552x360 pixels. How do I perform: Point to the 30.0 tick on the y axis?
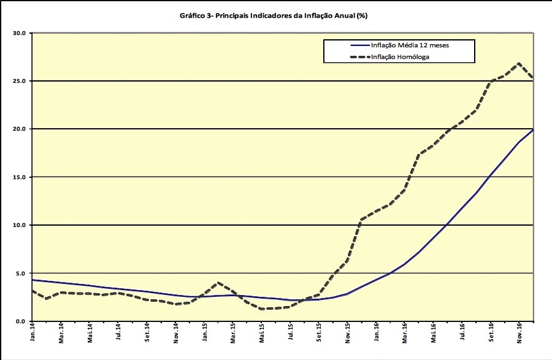19,33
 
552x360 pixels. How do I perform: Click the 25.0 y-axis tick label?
19,81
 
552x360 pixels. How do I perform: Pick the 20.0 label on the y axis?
19,129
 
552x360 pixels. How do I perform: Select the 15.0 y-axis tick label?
19,177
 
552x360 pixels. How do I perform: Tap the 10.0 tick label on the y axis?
19,225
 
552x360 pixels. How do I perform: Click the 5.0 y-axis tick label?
20,273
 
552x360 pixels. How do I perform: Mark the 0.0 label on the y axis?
20,321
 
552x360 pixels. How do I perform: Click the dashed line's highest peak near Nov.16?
519,63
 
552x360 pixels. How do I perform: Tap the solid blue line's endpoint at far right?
533,129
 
